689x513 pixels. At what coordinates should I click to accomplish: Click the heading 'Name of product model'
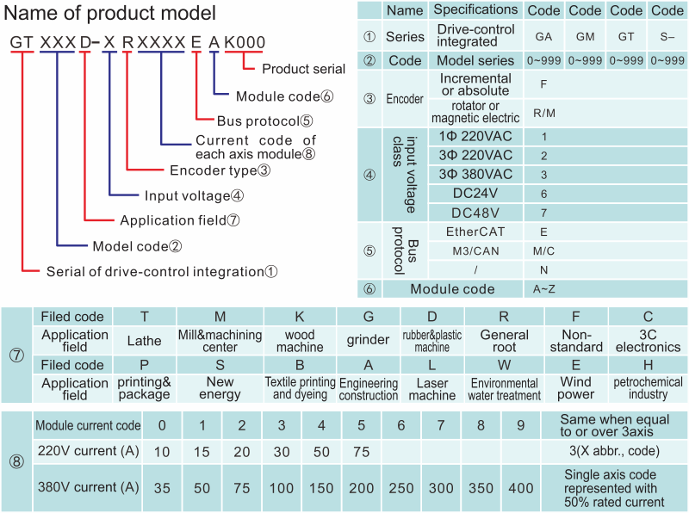click(x=111, y=14)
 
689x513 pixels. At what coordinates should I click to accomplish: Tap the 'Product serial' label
click(x=303, y=69)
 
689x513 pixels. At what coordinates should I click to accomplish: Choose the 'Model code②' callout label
click(x=137, y=245)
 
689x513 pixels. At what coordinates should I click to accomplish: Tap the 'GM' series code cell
click(x=586, y=38)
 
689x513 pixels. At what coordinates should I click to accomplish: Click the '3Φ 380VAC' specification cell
click(x=475, y=174)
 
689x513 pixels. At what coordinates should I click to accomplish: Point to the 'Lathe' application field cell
click(x=144, y=341)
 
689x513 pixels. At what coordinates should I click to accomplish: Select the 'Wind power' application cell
click(x=576, y=388)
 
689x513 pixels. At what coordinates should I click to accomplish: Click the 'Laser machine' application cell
click(x=432, y=389)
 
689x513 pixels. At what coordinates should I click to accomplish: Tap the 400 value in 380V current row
click(x=520, y=487)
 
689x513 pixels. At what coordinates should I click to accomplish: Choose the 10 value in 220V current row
click(x=162, y=451)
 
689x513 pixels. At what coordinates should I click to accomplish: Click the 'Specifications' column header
click(x=475, y=10)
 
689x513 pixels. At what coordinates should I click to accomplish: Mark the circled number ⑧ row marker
click(x=16, y=462)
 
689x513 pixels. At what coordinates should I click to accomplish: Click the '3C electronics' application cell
click(x=648, y=341)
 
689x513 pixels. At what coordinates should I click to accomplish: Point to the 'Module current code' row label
click(x=87, y=425)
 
